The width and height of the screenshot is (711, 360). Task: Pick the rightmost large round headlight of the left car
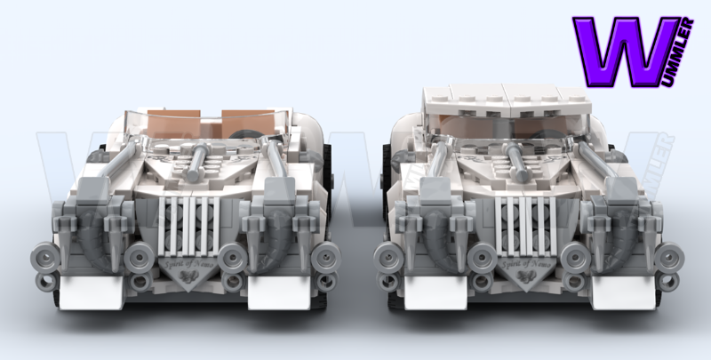coord(326,257)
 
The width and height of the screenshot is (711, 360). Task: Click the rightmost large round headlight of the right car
coord(668,257)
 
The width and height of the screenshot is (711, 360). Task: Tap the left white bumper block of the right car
coord(425,291)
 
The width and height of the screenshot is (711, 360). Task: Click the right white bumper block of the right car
coord(619,291)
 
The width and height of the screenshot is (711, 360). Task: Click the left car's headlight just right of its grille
coord(233,257)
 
